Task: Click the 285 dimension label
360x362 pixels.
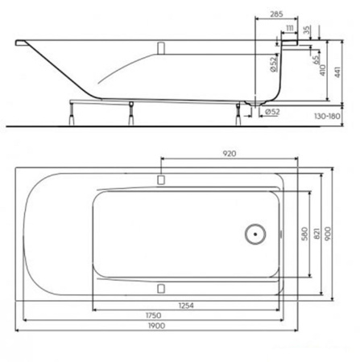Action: coord(275,14)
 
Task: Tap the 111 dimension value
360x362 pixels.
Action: coord(289,27)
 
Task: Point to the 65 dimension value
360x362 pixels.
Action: coord(317,58)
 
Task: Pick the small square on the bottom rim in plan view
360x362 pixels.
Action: coord(161,287)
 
